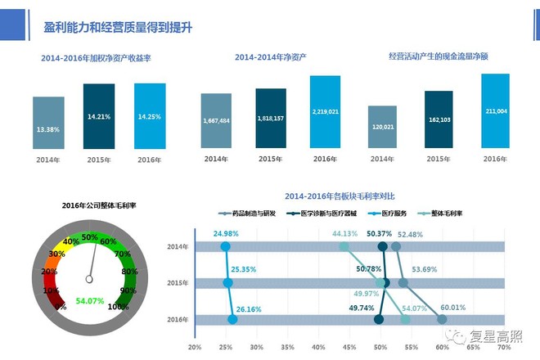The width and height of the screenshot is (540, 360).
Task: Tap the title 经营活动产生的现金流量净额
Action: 450,56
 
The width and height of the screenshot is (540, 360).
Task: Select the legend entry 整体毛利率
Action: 445,213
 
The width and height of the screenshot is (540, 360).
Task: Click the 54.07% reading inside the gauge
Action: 89,301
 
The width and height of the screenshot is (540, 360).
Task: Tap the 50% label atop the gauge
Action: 89,236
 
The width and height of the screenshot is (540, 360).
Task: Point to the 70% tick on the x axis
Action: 505,347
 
